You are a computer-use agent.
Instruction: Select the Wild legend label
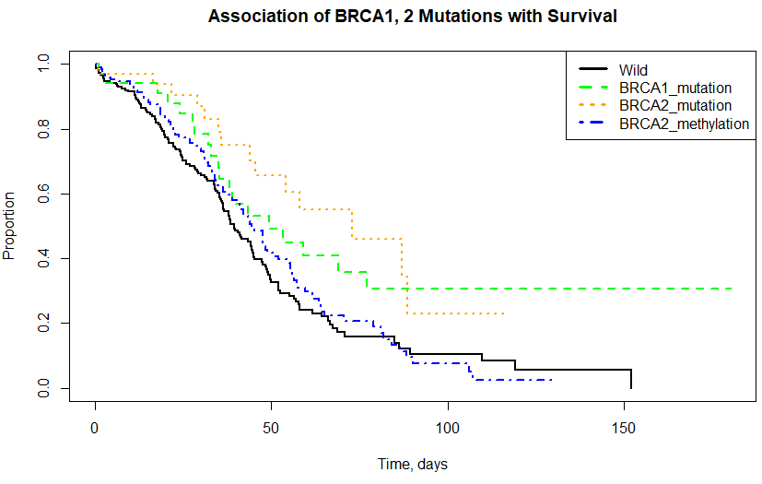coord(633,70)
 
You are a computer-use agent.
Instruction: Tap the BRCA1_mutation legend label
coord(675,88)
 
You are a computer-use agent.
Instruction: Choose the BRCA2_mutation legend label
coord(675,105)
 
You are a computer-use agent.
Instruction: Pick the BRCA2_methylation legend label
coord(684,123)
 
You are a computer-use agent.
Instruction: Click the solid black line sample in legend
coord(593,70)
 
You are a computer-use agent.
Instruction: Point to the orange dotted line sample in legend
coord(593,105)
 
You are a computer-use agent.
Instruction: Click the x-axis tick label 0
coord(95,431)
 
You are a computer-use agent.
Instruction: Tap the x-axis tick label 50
coord(271,431)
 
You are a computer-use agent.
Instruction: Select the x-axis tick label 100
coord(447,431)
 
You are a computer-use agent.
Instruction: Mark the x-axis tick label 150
coord(623,431)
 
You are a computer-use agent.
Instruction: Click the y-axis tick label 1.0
coord(40,65)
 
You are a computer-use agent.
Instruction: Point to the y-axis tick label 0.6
coord(40,195)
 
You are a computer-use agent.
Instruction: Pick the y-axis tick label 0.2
coord(40,324)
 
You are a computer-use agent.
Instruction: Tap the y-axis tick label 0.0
coord(40,388)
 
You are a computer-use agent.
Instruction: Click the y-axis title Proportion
coord(11,226)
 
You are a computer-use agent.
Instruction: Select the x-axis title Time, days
coord(412,465)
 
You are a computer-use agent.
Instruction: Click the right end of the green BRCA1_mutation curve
coord(733,289)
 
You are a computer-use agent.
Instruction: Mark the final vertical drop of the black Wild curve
coord(630,378)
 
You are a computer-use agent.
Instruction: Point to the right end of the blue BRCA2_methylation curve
coord(551,379)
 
